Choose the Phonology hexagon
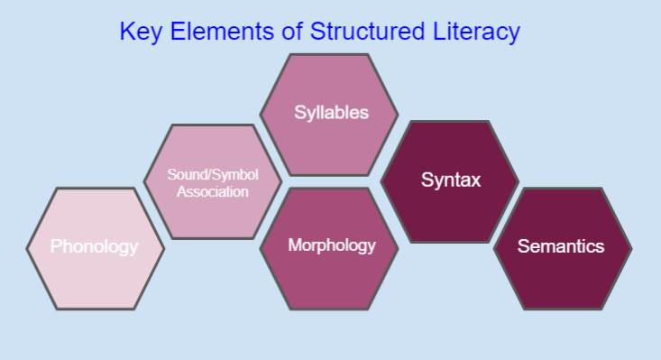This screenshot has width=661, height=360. point(95,271)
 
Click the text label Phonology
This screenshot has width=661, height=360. point(95,246)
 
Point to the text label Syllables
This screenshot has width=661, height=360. point(331,114)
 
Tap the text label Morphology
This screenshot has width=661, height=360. point(331,245)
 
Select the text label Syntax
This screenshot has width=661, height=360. point(451,180)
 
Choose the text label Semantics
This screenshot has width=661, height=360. point(561,245)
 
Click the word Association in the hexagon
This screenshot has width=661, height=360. point(213,191)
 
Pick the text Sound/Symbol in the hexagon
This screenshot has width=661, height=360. point(213,174)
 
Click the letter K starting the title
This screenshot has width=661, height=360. point(126,32)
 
